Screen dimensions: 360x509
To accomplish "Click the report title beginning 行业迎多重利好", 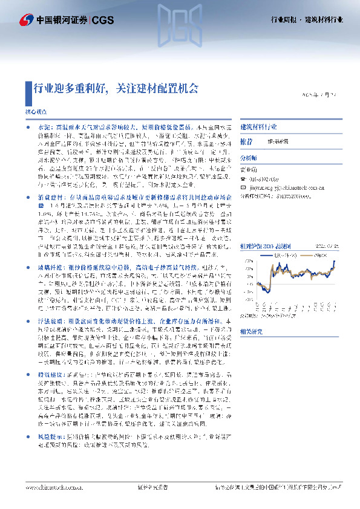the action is point(115,89).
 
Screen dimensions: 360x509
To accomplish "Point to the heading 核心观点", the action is point(34,113).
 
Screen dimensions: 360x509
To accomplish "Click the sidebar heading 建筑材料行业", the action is point(259,128).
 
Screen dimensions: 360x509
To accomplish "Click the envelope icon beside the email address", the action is point(244,187).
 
